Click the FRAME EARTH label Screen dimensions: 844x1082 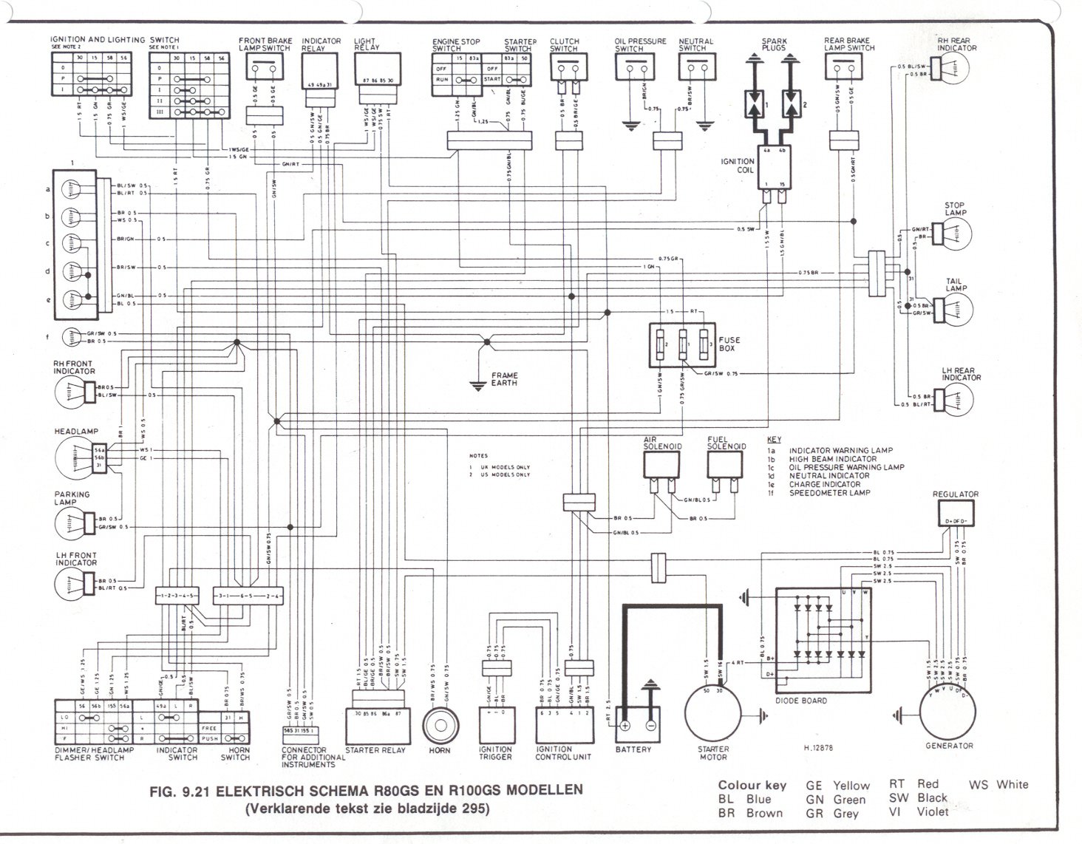pyautogui.click(x=505, y=380)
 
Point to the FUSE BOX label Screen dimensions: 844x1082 pyautogui.click(x=728, y=344)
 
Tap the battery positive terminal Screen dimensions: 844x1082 pyautogui.click(x=625, y=725)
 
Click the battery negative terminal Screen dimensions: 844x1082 pyautogui.click(x=650, y=725)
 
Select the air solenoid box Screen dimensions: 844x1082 pyautogui.click(x=661, y=464)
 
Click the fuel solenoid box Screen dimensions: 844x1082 pyautogui.click(x=724, y=464)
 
